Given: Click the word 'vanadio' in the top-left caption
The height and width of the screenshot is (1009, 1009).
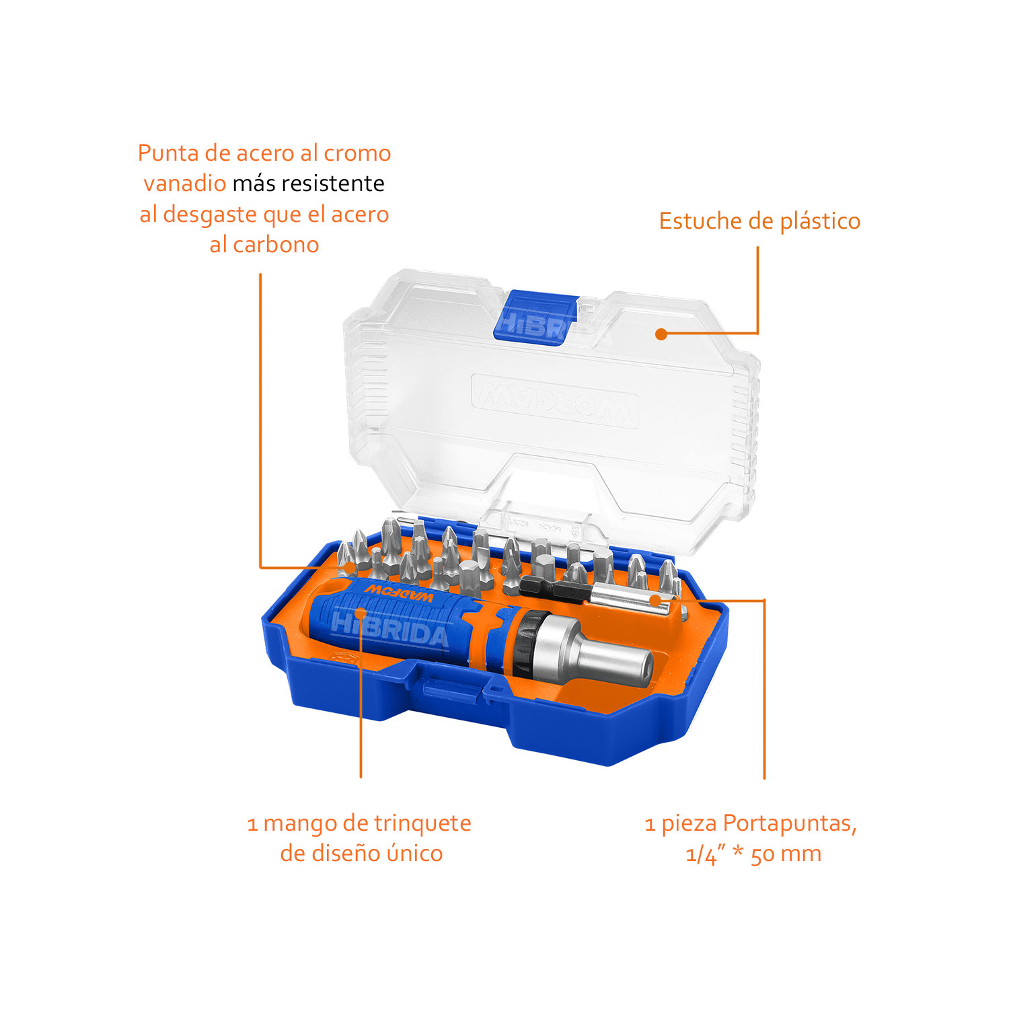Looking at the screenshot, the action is coord(185,183).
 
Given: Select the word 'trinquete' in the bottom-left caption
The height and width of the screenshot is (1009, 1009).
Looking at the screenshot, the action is coord(422,823).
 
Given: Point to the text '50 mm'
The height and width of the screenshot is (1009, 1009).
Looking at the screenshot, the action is coord(786,854).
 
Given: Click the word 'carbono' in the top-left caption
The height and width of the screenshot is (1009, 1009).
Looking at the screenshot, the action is coord(276,244).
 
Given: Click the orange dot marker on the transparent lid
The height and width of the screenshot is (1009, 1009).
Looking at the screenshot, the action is coord(661,334).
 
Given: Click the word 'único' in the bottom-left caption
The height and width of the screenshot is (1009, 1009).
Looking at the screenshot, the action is coord(414,854).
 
